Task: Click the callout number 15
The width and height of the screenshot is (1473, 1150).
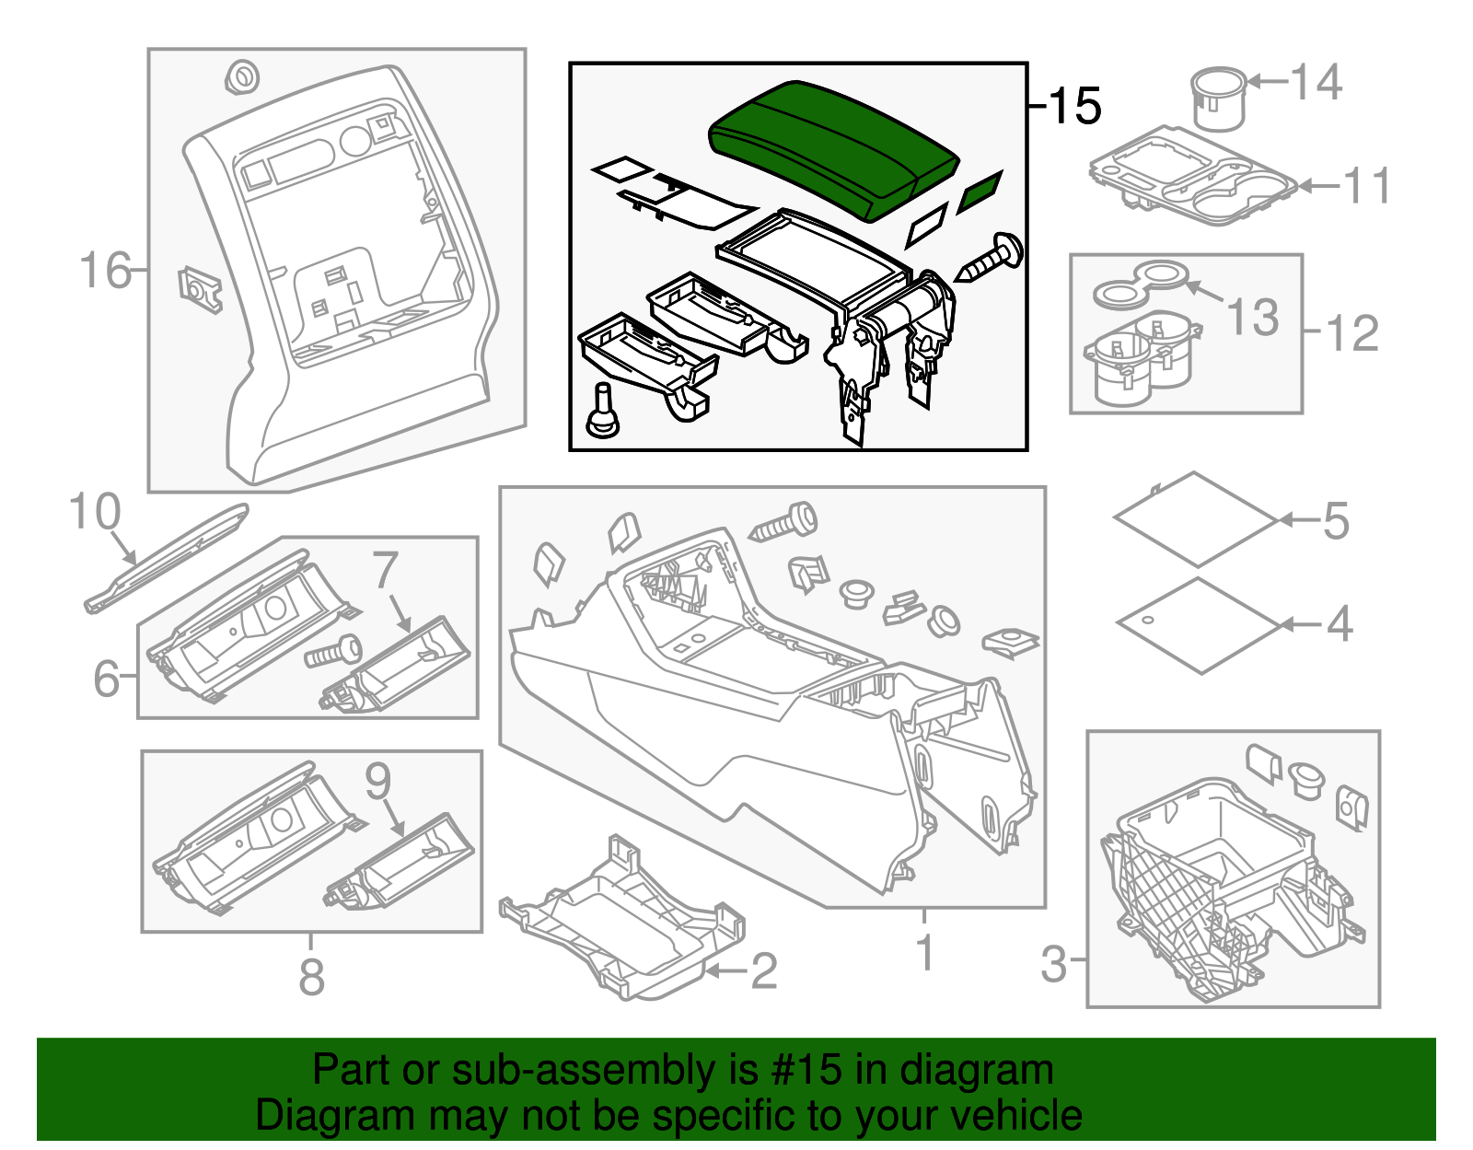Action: coord(1074,106)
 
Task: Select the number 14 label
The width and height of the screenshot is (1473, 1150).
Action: coord(1316,82)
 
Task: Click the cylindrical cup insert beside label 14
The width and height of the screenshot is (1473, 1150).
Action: coord(1218,99)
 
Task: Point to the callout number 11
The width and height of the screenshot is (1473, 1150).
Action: coord(1367,186)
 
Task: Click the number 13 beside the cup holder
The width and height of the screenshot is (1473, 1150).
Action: coord(1253,317)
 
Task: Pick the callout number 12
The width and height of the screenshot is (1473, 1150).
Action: coord(1352,332)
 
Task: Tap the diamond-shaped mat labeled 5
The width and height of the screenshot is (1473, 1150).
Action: coord(1195,518)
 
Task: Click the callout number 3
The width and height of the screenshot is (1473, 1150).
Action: coord(1053,964)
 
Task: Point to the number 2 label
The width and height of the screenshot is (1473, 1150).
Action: coord(763,971)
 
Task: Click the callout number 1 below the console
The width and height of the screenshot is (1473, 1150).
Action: coord(925,952)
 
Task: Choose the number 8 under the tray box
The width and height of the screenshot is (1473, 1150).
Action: coord(311,977)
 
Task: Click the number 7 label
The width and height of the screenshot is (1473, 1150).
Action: coord(386,570)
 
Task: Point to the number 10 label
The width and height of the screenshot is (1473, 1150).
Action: coord(95,512)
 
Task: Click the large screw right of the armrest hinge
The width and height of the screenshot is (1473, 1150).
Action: coord(991,260)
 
